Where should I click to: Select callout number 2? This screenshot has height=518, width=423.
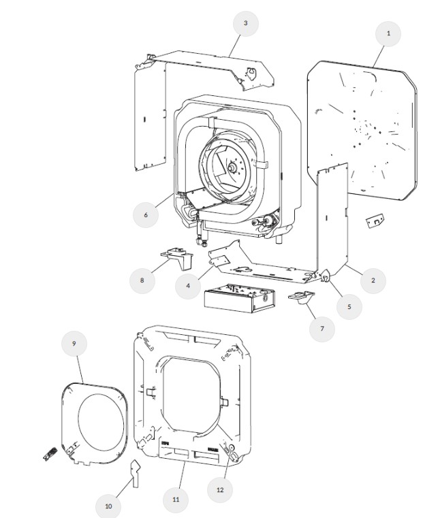point(373,280)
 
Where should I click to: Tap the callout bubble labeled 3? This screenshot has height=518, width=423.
point(245,23)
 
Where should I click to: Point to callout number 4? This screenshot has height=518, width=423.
point(188,285)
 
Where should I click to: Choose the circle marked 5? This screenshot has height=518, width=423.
point(349,306)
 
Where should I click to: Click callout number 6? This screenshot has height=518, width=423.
point(145,214)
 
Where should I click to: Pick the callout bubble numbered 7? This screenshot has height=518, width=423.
point(322,329)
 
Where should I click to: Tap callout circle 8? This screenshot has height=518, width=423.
point(142,280)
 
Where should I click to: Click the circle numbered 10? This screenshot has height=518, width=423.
point(108,505)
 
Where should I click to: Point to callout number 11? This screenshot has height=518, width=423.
point(176,499)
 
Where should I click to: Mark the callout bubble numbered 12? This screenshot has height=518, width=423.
point(220,488)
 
